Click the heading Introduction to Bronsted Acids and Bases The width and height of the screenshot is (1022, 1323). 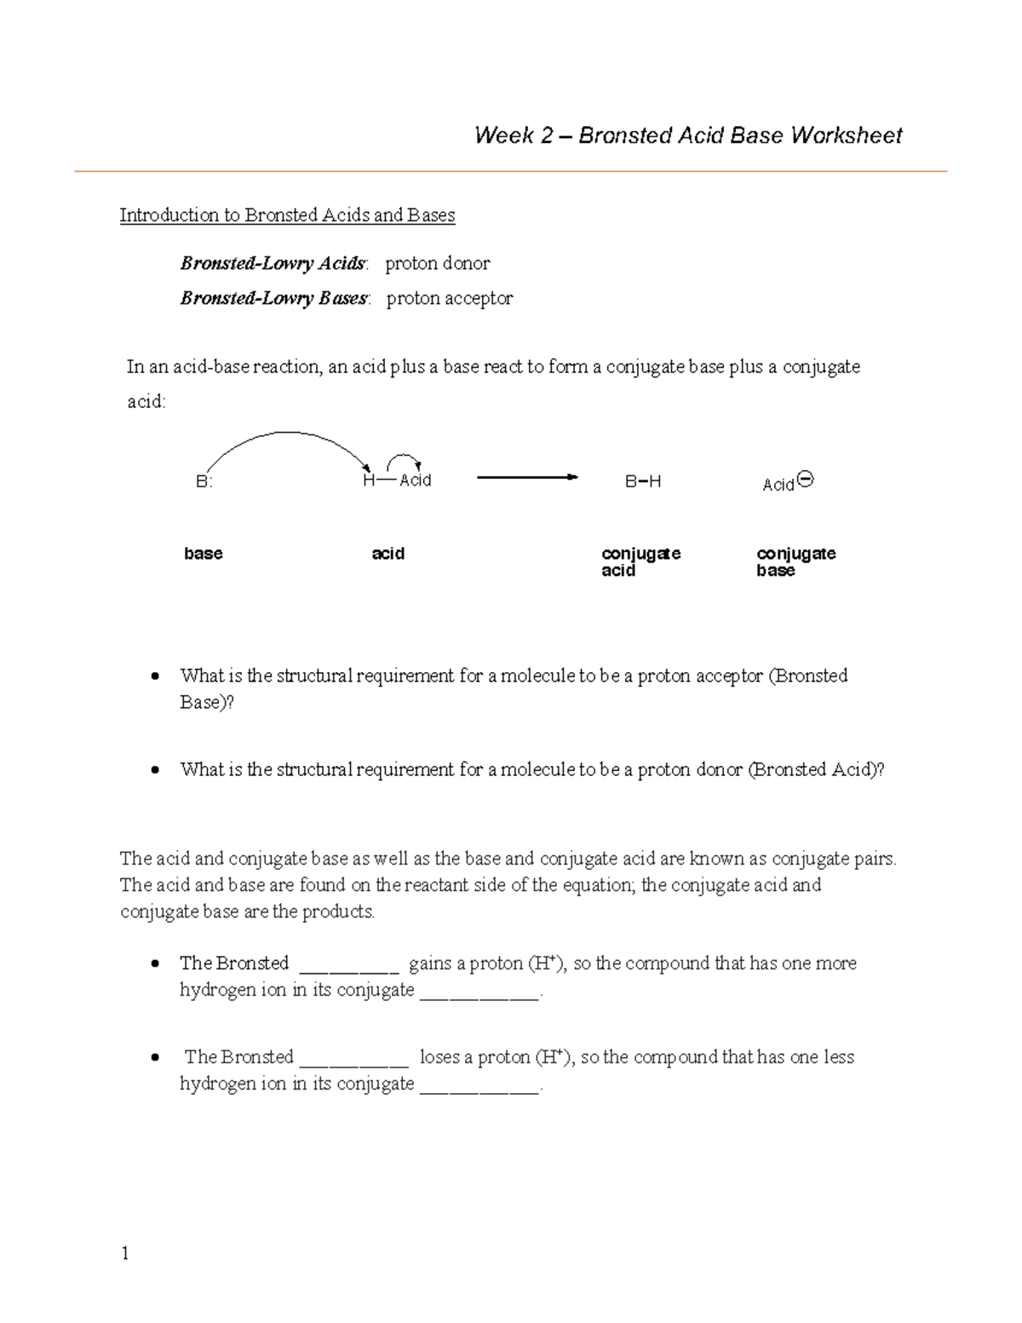(x=287, y=216)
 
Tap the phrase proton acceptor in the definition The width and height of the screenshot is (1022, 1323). (x=450, y=299)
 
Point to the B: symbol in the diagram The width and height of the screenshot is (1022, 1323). (x=204, y=481)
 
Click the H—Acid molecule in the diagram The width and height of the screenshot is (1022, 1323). (x=397, y=480)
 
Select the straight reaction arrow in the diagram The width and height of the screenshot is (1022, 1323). (x=527, y=478)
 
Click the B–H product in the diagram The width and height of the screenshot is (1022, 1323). (x=643, y=482)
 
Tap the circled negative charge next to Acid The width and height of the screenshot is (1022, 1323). (x=806, y=480)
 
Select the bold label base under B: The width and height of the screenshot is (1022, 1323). (x=203, y=554)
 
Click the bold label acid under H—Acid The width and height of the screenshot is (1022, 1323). (x=388, y=554)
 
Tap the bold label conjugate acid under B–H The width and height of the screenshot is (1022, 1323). (x=640, y=562)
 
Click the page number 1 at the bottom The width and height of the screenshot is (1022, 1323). (x=125, y=1252)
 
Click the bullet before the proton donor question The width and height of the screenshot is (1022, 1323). (x=154, y=770)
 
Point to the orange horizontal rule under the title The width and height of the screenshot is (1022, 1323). (x=511, y=172)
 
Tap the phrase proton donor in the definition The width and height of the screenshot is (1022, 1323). (x=438, y=264)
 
